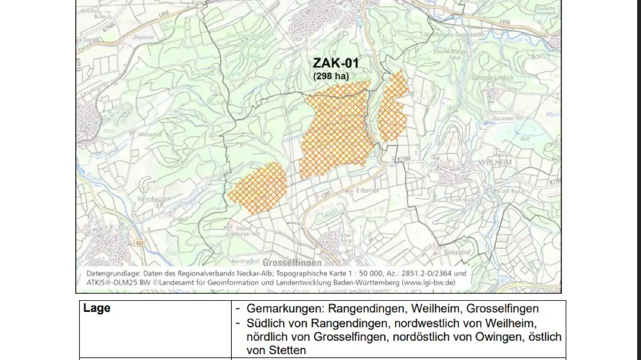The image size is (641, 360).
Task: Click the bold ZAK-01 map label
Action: (336, 64)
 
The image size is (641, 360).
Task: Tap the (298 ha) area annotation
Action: (331, 76)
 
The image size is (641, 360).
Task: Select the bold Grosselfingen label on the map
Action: (292, 262)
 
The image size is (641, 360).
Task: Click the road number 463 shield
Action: (140, 243)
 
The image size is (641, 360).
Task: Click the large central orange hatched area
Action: (335, 131)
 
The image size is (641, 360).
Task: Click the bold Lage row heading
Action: (97, 308)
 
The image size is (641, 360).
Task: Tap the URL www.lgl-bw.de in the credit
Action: (427, 282)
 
